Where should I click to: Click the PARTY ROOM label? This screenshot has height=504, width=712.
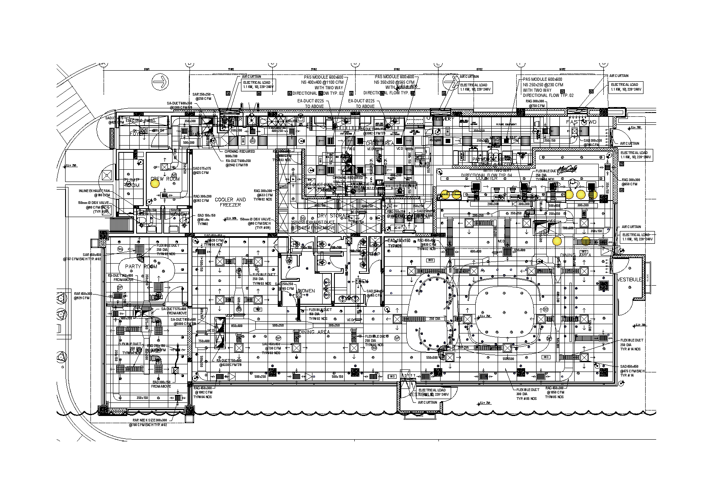[141, 267]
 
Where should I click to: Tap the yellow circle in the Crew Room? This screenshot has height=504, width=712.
[155, 184]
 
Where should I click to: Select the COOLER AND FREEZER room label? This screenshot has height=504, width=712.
[230, 202]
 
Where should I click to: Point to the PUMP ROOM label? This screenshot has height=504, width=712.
[131, 183]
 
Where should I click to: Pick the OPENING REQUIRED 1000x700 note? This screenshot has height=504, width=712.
[240, 154]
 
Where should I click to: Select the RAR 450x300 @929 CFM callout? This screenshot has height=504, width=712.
[83, 296]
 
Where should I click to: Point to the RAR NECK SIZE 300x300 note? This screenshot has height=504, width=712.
[150, 422]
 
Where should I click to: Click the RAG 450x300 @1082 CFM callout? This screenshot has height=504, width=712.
[203, 392]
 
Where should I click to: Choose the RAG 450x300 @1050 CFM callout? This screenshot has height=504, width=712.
[554, 392]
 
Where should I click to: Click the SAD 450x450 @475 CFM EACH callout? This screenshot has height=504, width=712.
[632, 371]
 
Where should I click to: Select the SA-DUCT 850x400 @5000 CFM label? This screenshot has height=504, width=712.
[183, 322]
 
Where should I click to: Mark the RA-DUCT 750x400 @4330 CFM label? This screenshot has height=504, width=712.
[229, 363]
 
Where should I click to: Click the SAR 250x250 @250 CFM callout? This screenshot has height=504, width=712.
[202, 96]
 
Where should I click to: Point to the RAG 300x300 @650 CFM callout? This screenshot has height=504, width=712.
[631, 182]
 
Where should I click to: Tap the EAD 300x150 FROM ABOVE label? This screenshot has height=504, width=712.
[162, 384]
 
